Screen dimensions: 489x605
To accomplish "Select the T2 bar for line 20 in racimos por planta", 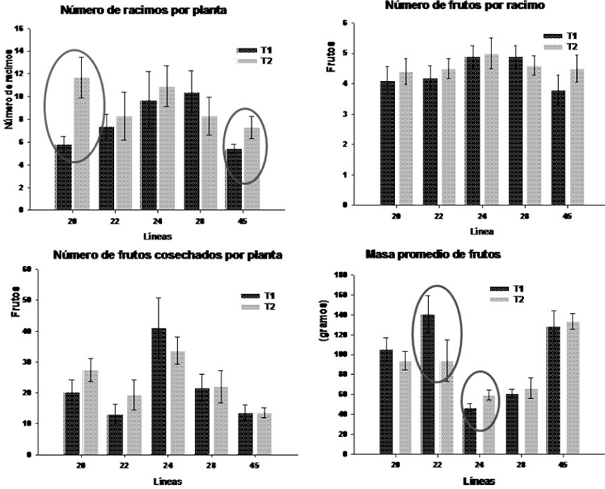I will pos(82,144).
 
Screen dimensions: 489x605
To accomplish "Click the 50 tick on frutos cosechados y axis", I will pos(26,300).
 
